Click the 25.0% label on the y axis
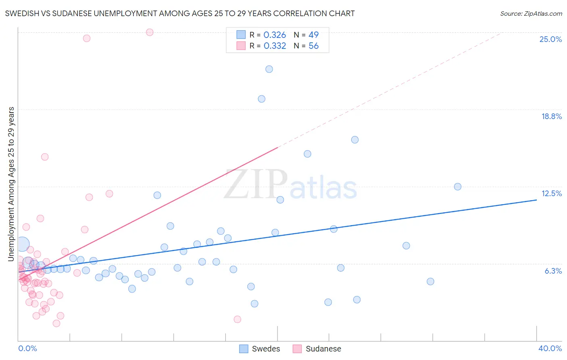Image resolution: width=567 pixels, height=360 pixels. coord(550,39)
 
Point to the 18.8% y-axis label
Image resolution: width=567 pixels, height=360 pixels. coord(551,116)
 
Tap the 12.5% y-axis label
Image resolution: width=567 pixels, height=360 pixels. coord(551,193)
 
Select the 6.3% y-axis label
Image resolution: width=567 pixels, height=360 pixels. coord(553,271)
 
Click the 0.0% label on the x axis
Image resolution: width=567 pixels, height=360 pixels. coord(27,348)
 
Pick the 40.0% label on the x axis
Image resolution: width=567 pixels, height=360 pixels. coord(550,348)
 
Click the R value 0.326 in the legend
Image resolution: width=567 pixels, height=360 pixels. coord(275,35)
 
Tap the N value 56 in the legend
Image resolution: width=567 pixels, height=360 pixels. coord(313,46)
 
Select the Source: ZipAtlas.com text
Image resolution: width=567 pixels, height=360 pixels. coord(531,13)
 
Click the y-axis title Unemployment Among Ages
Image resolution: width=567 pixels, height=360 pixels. coord(11,184)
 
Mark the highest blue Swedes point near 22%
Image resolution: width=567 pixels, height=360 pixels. coord(269,69)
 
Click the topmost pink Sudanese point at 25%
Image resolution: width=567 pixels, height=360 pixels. coord(150,32)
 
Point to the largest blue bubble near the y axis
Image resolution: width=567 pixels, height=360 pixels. coord(23,244)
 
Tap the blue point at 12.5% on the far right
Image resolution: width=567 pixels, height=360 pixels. coord(457,186)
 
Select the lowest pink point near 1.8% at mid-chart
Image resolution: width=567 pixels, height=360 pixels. coord(237,319)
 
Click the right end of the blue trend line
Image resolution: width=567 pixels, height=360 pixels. coord(536,200)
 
